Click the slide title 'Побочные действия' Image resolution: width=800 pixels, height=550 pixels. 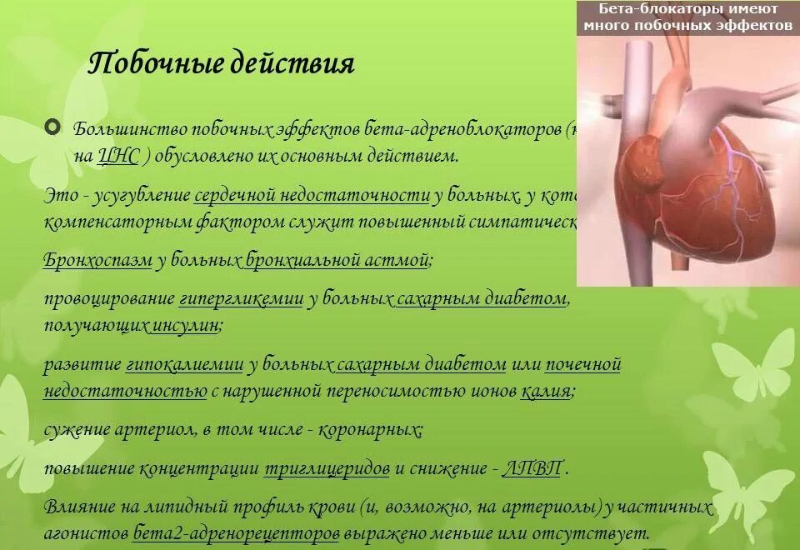click(x=221, y=64)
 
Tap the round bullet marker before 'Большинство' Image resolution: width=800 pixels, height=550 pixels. click(x=53, y=128)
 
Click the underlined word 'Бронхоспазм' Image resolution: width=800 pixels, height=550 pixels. click(x=97, y=260)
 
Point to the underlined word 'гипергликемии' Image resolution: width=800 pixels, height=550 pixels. click(x=240, y=299)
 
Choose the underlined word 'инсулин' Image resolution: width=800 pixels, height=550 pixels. click(x=185, y=325)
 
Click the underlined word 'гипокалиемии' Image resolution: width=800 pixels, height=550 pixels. click(x=184, y=364)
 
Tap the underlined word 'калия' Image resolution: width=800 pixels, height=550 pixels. click(x=546, y=390)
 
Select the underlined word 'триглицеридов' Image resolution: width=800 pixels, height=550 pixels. click(x=327, y=468)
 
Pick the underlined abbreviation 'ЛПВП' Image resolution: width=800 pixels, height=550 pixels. click(x=532, y=468)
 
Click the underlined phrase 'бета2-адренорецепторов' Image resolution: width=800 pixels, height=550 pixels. click(x=236, y=532)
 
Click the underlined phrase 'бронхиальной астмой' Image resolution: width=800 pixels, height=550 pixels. click(x=337, y=260)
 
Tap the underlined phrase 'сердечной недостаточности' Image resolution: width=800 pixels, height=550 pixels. click(x=312, y=196)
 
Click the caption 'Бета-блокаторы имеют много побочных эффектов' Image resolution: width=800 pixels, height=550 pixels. click(x=687, y=17)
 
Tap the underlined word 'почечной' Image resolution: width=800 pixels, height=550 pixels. click(x=583, y=364)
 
